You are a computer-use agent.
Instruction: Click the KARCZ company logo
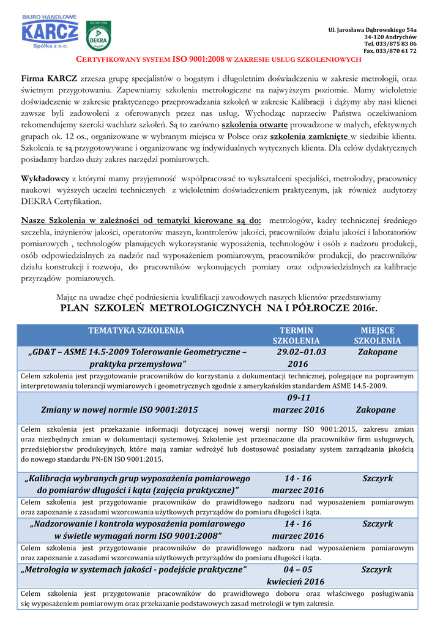pos(50,32)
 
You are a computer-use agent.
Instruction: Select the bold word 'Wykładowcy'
pos(45,179)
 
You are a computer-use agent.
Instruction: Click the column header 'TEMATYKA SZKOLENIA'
pos(136,331)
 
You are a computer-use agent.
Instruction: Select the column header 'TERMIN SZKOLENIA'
pos(296,336)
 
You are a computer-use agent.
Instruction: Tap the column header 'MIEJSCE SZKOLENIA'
pos(378,336)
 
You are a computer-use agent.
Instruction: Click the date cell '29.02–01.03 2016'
pos(301,358)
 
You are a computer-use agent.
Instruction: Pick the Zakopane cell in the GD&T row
pos(378,353)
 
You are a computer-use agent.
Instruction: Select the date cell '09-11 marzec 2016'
pos(299,404)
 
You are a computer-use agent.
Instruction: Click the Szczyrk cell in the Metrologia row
pos(377,570)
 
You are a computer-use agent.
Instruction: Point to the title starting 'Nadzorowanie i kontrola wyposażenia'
pos(137,530)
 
